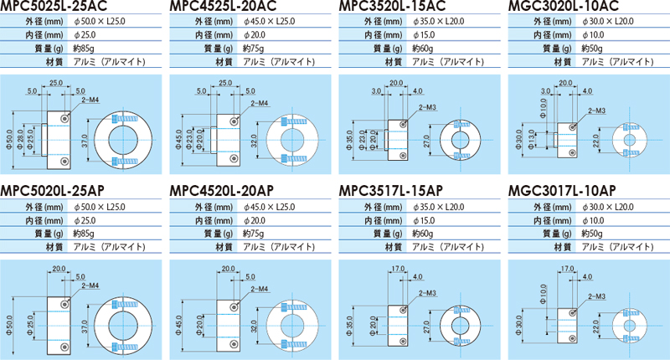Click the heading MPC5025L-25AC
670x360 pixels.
tap(54, 6)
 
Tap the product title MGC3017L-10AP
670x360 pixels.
tap(562, 190)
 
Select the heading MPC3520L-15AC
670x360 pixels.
tap(392, 6)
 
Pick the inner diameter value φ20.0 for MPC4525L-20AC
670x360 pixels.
tap(255, 35)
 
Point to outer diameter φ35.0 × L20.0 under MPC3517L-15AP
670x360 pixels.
tap(438, 207)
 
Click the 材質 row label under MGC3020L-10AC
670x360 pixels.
tap(562, 62)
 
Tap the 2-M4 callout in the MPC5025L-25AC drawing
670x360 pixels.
tap(90, 100)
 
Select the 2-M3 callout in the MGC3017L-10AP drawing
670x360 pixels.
tap(596, 296)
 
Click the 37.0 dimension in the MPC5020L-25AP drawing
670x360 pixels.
tap(85, 327)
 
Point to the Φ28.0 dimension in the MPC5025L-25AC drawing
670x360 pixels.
tap(20, 140)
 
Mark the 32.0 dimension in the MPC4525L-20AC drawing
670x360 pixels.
tap(254, 141)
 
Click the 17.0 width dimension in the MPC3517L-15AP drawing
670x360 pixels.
tap(398, 269)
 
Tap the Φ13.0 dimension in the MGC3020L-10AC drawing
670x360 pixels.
tap(531, 140)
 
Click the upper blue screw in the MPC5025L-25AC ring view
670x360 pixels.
tap(123, 118)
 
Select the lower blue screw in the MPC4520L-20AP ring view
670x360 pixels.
tap(295, 344)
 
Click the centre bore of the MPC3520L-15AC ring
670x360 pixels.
tap(460, 140)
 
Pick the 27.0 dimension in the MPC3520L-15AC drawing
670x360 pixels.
tap(427, 141)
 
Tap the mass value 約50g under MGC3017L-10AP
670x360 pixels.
tap(592, 234)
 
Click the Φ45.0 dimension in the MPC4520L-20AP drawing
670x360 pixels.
tap(178, 326)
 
